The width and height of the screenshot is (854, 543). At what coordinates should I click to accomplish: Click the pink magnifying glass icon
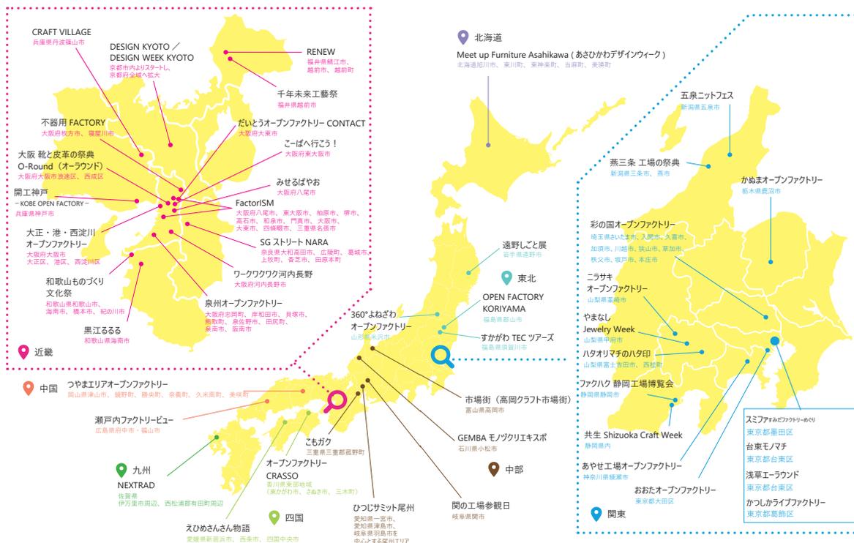[x=336, y=400]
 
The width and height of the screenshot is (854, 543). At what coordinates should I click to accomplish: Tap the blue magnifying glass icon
[x=441, y=356]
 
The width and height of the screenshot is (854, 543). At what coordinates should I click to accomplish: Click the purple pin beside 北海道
[x=462, y=37]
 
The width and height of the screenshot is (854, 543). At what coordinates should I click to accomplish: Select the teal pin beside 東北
[x=505, y=278]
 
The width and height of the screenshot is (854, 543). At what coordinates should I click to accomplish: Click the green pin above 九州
[x=121, y=470]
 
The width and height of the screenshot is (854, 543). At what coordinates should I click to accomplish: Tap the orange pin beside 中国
[x=29, y=388]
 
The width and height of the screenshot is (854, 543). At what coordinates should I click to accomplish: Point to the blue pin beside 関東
[x=596, y=514]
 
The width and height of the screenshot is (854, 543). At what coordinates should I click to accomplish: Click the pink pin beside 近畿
[x=23, y=351]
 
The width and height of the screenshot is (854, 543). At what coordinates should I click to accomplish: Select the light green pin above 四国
[x=274, y=517]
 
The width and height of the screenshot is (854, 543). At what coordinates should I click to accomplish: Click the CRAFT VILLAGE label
[x=61, y=33]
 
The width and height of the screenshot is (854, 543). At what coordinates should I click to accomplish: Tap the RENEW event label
[x=321, y=53]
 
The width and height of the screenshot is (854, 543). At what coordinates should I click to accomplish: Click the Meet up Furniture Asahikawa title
[x=560, y=55]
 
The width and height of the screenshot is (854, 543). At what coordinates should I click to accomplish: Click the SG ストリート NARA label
[x=294, y=241]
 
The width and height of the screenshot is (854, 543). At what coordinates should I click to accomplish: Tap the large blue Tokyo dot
[x=774, y=340]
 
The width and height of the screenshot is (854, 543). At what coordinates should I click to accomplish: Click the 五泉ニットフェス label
[x=706, y=96]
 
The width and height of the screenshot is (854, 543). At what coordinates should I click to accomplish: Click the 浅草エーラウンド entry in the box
[x=772, y=475]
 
